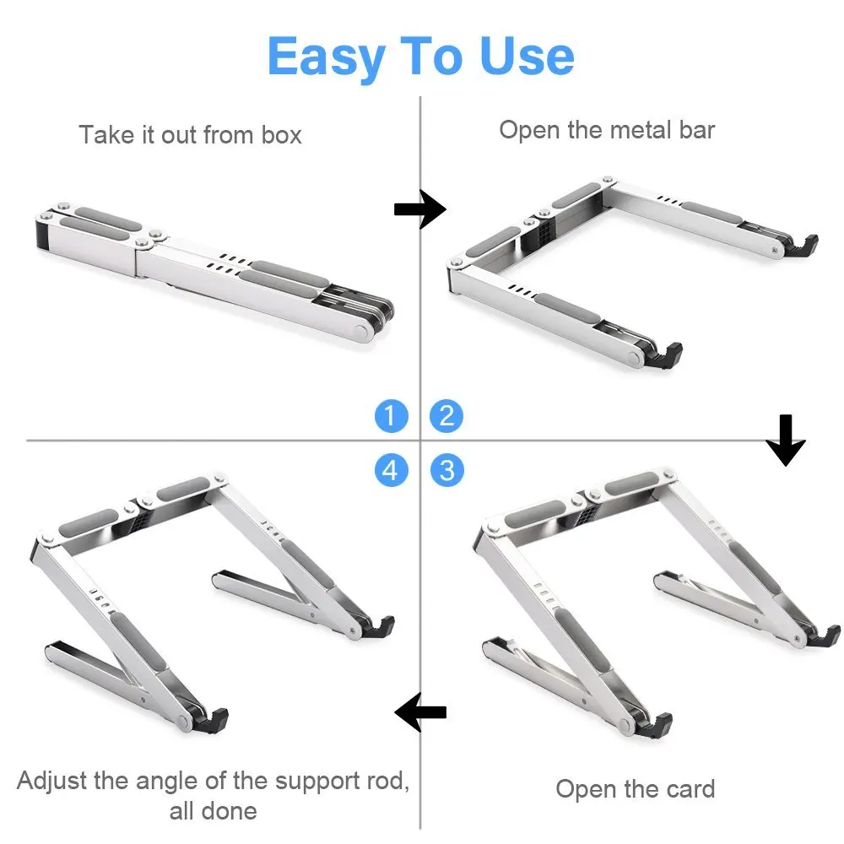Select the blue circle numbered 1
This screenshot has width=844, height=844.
(x=392, y=415)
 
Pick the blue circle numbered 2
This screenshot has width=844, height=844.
(x=446, y=415)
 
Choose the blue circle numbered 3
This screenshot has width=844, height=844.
(x=446, y=470)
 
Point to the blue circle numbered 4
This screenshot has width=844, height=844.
(x=392, y=470)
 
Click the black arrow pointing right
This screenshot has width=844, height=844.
(x=420, y=208)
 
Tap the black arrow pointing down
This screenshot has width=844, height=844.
(x=786, y=440)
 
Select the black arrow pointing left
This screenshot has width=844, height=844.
(x=420, y=712)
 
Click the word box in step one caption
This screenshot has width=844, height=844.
(x=282, y=134)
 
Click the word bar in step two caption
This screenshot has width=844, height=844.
(x=697, y=130)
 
